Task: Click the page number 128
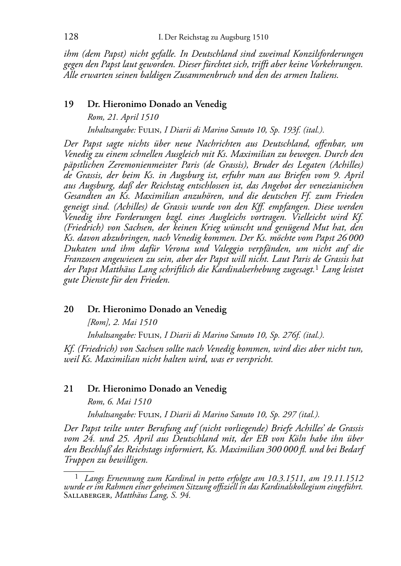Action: point(71,37)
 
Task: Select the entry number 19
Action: point(69,105)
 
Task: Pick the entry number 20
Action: point(69,309)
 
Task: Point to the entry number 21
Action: point(69,389)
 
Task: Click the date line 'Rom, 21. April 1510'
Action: point(123,117)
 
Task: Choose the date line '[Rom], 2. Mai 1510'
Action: point(122,323)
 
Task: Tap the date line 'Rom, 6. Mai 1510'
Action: point(119,402)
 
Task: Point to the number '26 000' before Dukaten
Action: point(349,238)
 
